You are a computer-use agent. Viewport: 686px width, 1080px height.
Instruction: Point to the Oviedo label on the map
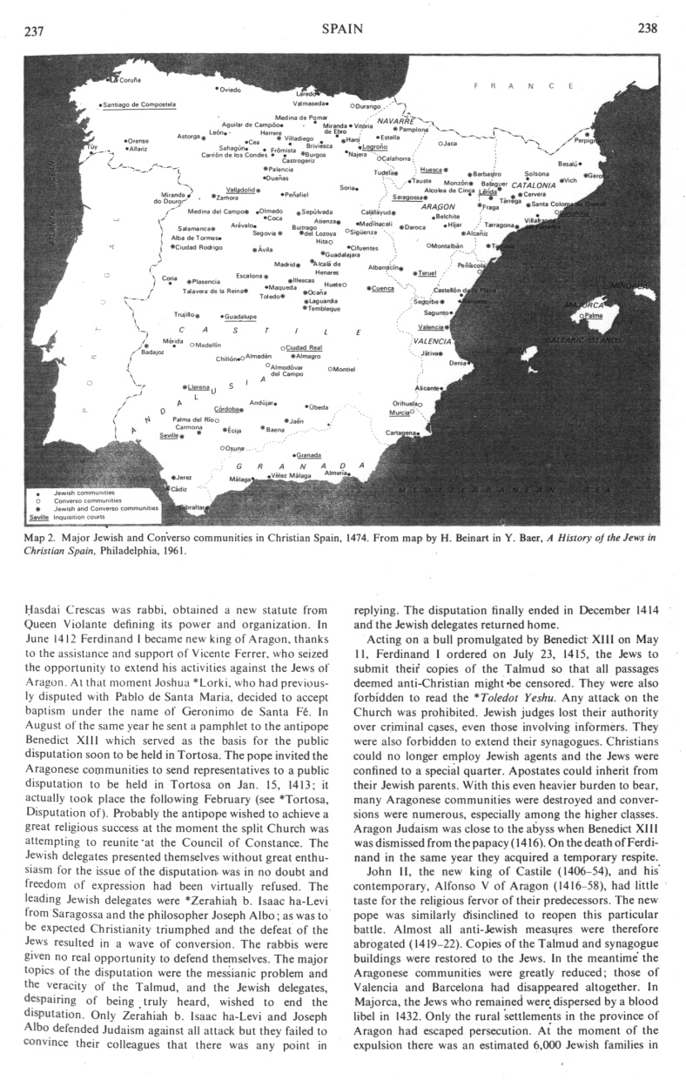(229, 90)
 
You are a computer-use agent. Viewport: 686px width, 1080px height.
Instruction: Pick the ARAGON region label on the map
(438, 207)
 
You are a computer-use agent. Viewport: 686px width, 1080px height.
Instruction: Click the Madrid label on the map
(285, 263)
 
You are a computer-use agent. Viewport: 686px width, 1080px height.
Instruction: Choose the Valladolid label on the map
(239, 189)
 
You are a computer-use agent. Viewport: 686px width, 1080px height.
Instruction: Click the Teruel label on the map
(427, 272)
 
